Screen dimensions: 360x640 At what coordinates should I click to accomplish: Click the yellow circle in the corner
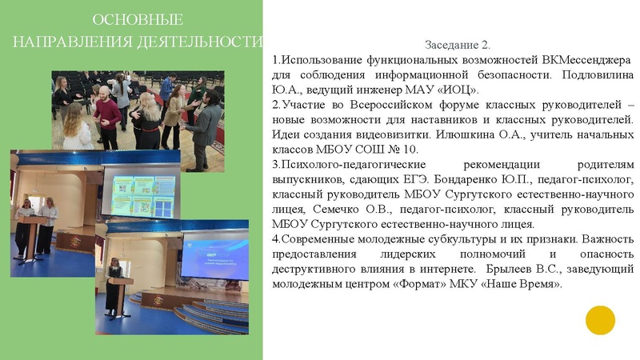(600, 320)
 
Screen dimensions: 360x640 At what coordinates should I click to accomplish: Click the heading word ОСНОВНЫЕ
(138, 19)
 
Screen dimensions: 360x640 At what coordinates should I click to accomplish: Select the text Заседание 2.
(458, 45)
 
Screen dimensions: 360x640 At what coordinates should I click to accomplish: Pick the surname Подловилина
(590, 74)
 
